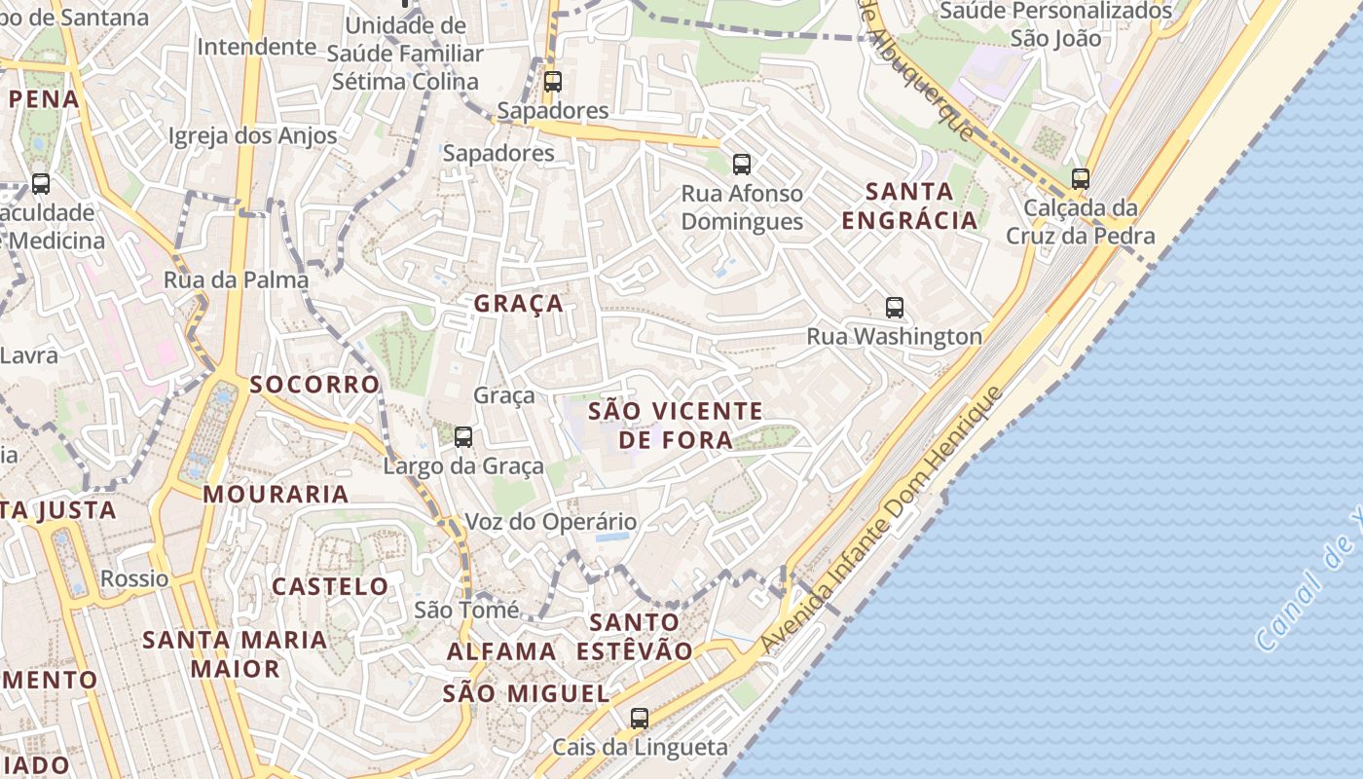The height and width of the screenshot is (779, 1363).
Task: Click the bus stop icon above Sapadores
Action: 553,82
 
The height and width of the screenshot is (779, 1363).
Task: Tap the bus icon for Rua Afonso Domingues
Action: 742,165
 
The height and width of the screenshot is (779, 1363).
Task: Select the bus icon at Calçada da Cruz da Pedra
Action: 1080,179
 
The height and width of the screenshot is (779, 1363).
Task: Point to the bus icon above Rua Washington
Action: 895,308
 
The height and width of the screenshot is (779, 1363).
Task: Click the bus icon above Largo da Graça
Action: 463,437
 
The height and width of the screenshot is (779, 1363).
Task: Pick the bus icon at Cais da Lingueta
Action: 639,719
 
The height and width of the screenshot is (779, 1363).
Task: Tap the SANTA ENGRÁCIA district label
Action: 909,205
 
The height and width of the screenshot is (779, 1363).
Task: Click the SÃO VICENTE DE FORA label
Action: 676,426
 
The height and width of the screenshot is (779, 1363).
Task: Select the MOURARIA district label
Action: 276,494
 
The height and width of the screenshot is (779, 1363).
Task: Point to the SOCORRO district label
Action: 314,384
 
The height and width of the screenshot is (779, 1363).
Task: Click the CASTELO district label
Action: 330,586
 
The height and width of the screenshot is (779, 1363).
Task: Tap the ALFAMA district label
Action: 501,651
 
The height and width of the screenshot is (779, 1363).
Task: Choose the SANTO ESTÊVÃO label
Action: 634,636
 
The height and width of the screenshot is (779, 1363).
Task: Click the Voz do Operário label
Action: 550,522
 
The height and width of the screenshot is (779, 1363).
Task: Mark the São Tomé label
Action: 466,611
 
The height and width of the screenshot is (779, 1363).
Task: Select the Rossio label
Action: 134,578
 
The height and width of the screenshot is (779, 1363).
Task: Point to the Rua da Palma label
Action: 236,280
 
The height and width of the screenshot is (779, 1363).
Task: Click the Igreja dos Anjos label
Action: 252,136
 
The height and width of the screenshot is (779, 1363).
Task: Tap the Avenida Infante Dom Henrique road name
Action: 881,520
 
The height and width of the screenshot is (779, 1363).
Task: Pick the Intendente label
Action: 256,47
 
